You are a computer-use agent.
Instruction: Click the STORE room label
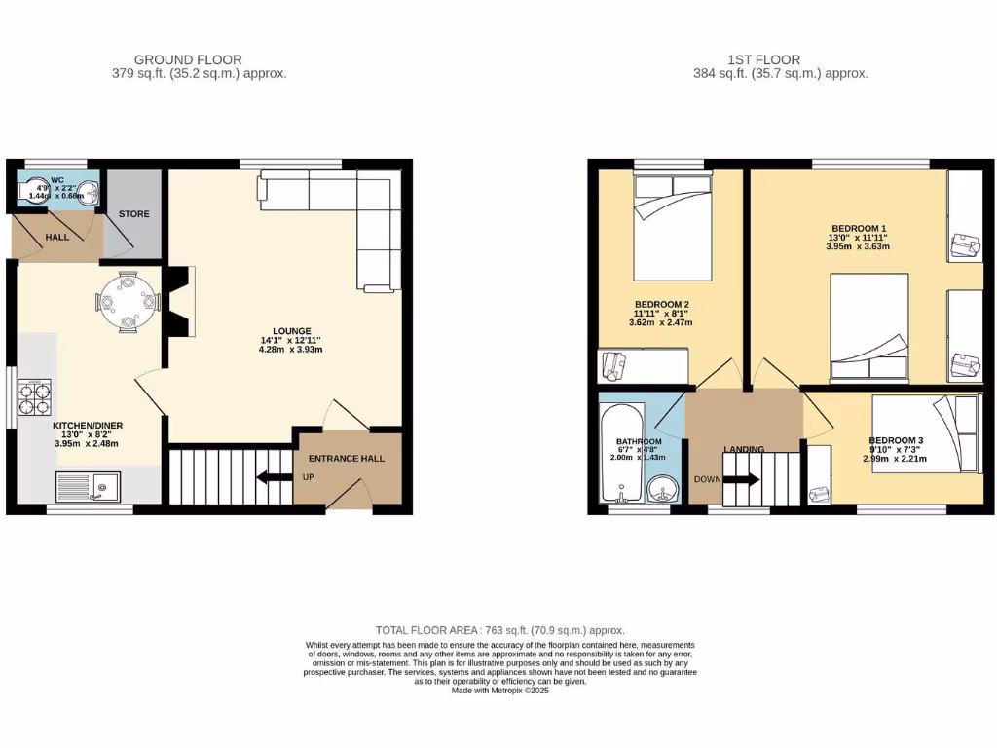[x=134, y=213]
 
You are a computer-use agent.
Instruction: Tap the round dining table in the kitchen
[x=128, y=302]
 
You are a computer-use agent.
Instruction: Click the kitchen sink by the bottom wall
[x=88, y=486]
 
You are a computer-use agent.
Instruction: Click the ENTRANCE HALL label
[x=347, y=458]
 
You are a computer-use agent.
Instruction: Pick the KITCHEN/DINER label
[x=88, y=426]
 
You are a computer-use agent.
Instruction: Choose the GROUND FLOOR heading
[x=188, y=59]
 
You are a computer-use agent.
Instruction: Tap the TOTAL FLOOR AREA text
[x=500, y=630]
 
